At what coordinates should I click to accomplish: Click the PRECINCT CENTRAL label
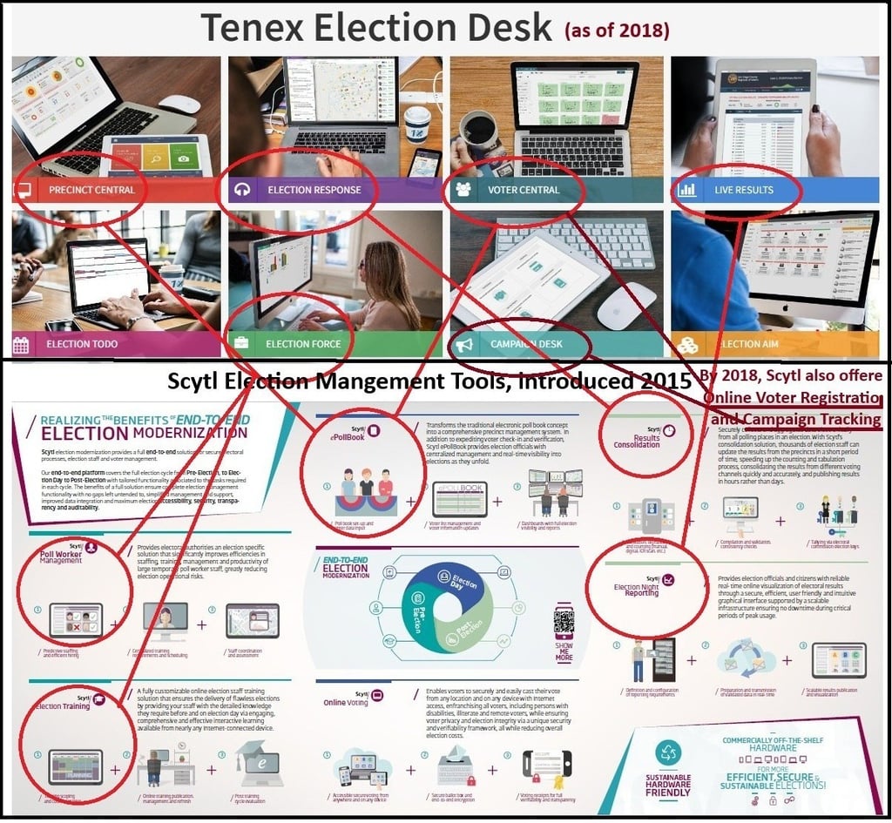tap(91, 190)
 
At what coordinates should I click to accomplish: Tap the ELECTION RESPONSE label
tap(314, 190)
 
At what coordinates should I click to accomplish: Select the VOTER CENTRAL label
tap(524, 190)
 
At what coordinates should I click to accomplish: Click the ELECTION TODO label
tap(82, 344)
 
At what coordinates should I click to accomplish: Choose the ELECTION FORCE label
tap(303, 344)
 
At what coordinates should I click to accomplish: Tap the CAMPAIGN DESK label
tap(526, 344)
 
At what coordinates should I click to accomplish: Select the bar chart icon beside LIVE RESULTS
tap(686, 190)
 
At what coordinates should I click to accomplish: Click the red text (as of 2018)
tap(617, 31)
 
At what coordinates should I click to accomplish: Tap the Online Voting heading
tap(347, 702)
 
